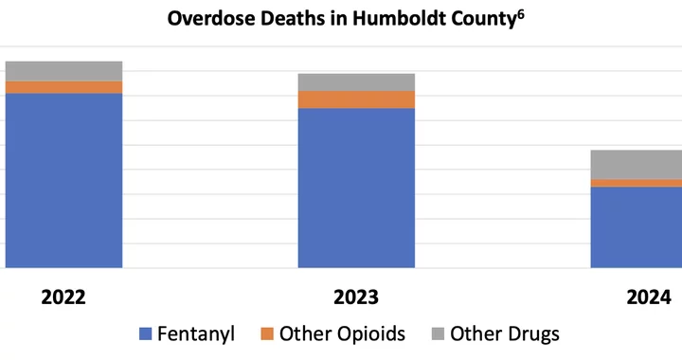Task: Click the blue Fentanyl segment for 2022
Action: click(x=63, y=180)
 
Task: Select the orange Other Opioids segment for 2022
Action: click(x=63, y=87)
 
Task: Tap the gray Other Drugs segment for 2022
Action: click(x=63, y=71)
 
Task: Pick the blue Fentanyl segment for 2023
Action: click(x=356, y=188)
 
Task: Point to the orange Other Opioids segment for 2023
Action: click(x=356, y=99)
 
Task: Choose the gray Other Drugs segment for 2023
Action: click(x=356, y=82)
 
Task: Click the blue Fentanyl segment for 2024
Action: click(x=637, y=227)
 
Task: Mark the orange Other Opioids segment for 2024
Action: click(x=637, y=183)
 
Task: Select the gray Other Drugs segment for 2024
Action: click(x=637, y=165)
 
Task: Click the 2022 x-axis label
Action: click(x=63, y=297)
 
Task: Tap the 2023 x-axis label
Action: click(x=356, y=297)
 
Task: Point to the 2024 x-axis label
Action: click(x=649, y=297)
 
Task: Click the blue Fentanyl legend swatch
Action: click(x=145, y=333)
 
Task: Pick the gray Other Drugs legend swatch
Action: click(x=437, y=333)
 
